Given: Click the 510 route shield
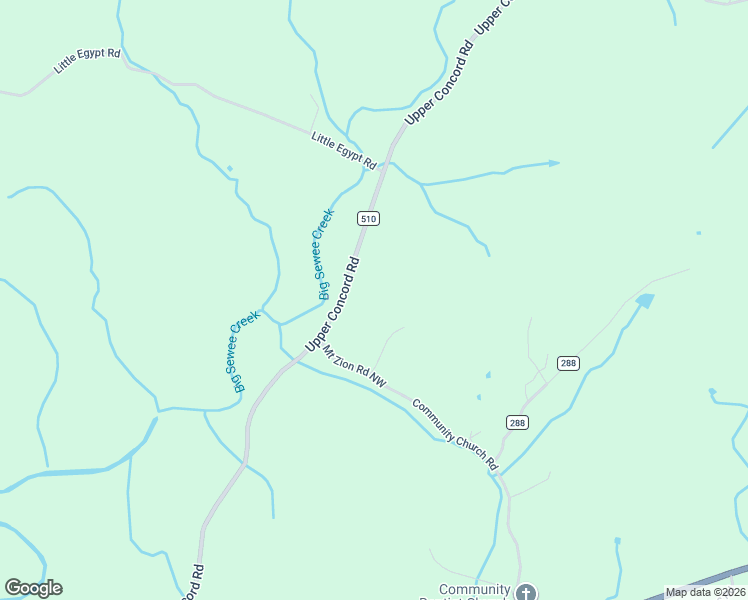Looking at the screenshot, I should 369,218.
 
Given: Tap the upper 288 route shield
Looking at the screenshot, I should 568,363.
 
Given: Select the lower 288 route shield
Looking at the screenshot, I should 516,423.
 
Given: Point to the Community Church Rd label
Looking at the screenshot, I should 454,435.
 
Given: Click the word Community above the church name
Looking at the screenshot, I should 474,589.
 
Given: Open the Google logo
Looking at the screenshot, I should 33,588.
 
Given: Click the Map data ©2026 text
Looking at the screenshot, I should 705,592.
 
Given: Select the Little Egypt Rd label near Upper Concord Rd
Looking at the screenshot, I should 343,151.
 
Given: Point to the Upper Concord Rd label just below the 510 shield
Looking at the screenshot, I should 332,306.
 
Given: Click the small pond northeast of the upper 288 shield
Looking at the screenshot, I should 644,299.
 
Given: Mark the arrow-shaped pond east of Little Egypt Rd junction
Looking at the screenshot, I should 548,162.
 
